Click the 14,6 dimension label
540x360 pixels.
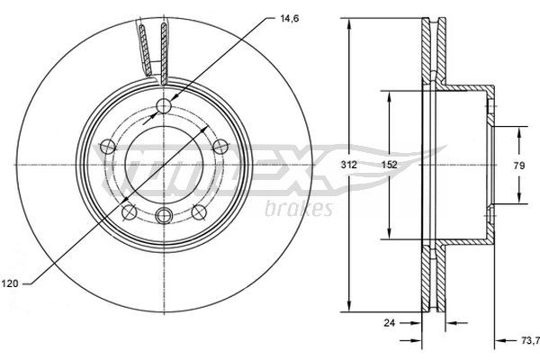[289, 19]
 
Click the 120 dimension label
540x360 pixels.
[10, 283]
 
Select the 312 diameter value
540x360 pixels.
[348, 165]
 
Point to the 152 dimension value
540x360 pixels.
[390, 165]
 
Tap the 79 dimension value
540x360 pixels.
[519, 166]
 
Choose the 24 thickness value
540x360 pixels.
[389, 323]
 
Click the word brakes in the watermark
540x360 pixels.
[299, 209]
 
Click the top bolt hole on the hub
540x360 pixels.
[164, 106]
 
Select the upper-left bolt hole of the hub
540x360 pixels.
[107, 147]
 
